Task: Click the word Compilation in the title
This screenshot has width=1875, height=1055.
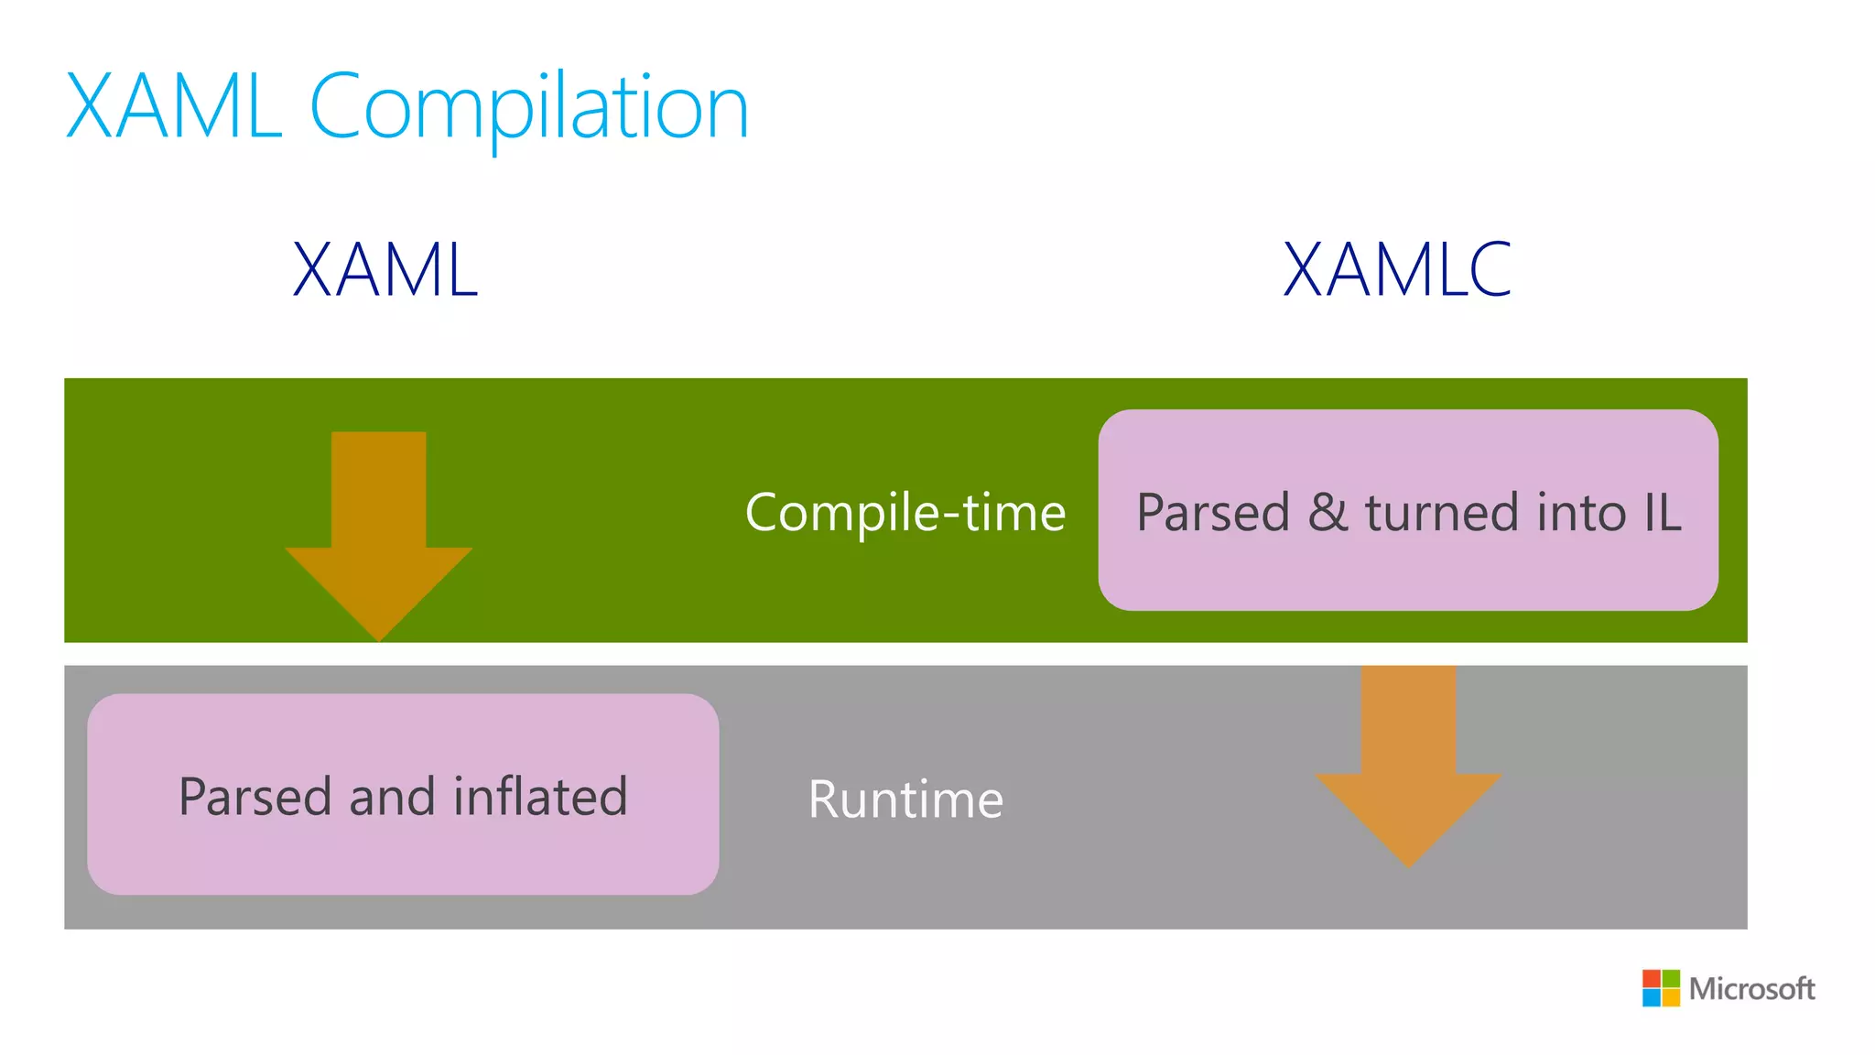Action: pos(529,108)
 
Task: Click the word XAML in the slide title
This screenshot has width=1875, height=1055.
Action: pos(174,108)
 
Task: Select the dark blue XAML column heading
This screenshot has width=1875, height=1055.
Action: pos(385,269)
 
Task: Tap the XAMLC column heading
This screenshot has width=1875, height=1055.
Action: pos(1397,269)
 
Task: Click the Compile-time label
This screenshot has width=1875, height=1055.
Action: pos(905,512)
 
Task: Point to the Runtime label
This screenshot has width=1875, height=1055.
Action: pos(905,799)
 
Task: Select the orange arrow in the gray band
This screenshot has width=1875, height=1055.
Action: pos(1408,760)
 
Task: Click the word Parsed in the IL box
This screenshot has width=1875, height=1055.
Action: pos(1213,512)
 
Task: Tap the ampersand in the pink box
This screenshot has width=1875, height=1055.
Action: pos(1328,512)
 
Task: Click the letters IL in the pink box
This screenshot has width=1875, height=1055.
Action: pos(1663,512)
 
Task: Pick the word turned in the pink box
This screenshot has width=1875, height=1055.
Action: pos(1442,512)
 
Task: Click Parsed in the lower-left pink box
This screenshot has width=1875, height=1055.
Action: pos(255,796)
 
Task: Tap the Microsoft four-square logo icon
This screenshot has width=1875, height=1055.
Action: pos(1661,988)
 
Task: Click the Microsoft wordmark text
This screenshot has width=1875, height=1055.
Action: pos(1751,989)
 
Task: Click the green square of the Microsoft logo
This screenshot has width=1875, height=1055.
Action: pos(1671,978)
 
